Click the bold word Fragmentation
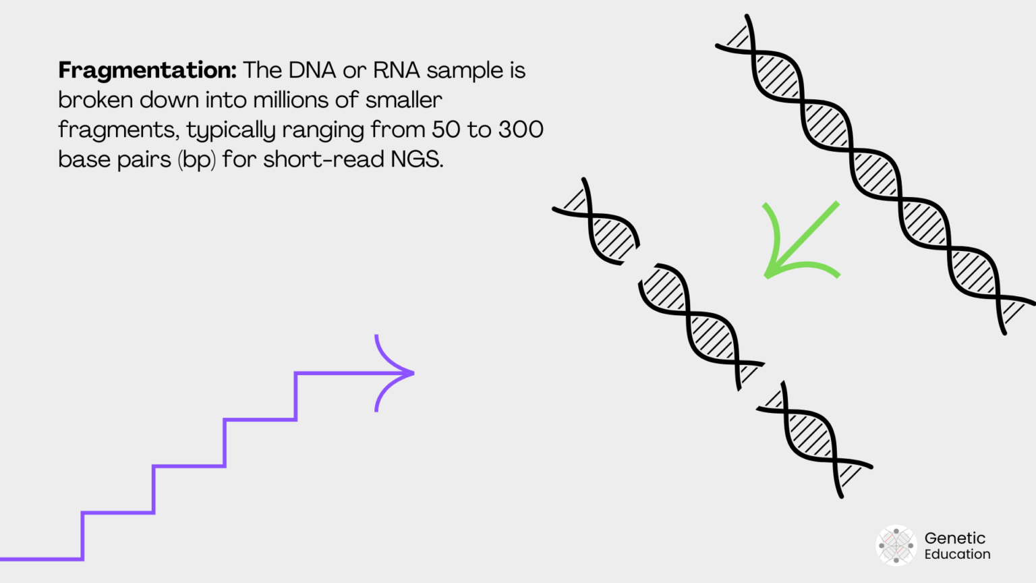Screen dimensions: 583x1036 tap(147, 70)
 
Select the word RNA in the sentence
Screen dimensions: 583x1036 tap(397, 70)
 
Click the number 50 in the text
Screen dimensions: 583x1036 tap(445, 130)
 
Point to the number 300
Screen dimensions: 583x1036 tap(521, 130)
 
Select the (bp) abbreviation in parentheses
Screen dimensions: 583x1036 tap(197, 160)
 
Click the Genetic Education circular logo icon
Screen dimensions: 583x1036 tap(896, 545)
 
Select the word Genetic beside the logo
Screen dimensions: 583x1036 tap(954, 538)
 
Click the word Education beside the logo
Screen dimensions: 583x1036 tap(957, 554)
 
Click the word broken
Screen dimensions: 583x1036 tap(95, 100)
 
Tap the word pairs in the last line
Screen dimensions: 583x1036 tap(144, 159)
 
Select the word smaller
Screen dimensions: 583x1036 tap(403, 100)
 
